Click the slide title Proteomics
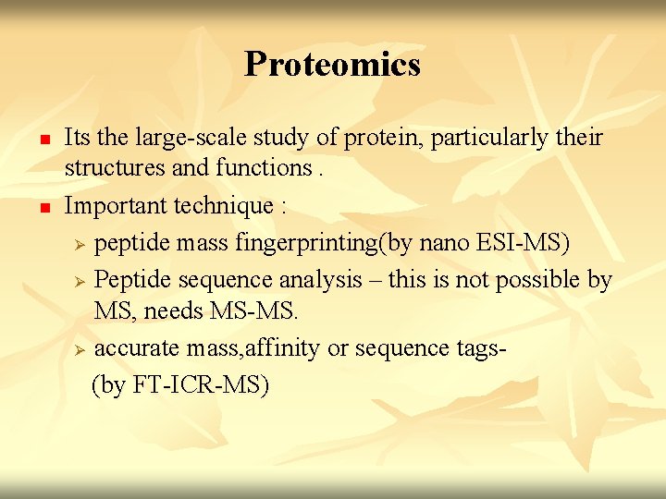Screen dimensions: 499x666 [x=332, y=64]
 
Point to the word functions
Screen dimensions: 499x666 [x=264, y=168]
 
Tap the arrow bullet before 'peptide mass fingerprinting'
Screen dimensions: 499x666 [x=80, y=244]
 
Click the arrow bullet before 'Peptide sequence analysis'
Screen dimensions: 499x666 [x=80, y=280]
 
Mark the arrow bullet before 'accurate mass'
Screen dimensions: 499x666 [x=80, y=350]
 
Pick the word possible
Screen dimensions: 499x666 [x=537, y=279]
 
